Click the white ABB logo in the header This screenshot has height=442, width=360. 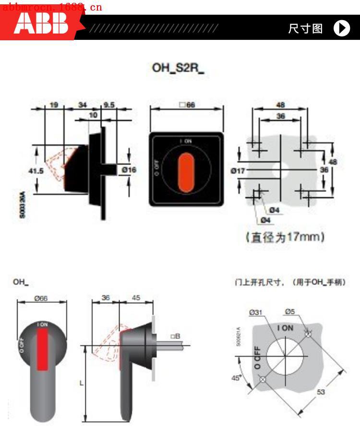[40, 24]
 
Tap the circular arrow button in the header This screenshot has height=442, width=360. [342, 28]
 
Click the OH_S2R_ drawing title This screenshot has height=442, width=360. [178, 68]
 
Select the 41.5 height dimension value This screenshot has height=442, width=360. [36, 170]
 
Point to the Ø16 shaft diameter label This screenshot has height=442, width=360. [129, 169]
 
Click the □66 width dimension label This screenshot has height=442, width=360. [187, 105]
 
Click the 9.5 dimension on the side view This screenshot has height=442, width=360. [109, 105]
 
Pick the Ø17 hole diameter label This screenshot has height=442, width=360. [238, 170]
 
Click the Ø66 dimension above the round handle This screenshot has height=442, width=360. [41, 299]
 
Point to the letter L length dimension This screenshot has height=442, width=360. [81, 383]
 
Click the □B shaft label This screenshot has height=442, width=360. [175, 336]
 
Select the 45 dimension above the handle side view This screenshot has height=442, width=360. [136, 298]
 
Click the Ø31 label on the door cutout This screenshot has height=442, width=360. [256, 312]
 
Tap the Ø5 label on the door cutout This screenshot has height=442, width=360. [289, 312]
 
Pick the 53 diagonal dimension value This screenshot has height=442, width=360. [321, 392]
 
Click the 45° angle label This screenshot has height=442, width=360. [236, 378]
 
